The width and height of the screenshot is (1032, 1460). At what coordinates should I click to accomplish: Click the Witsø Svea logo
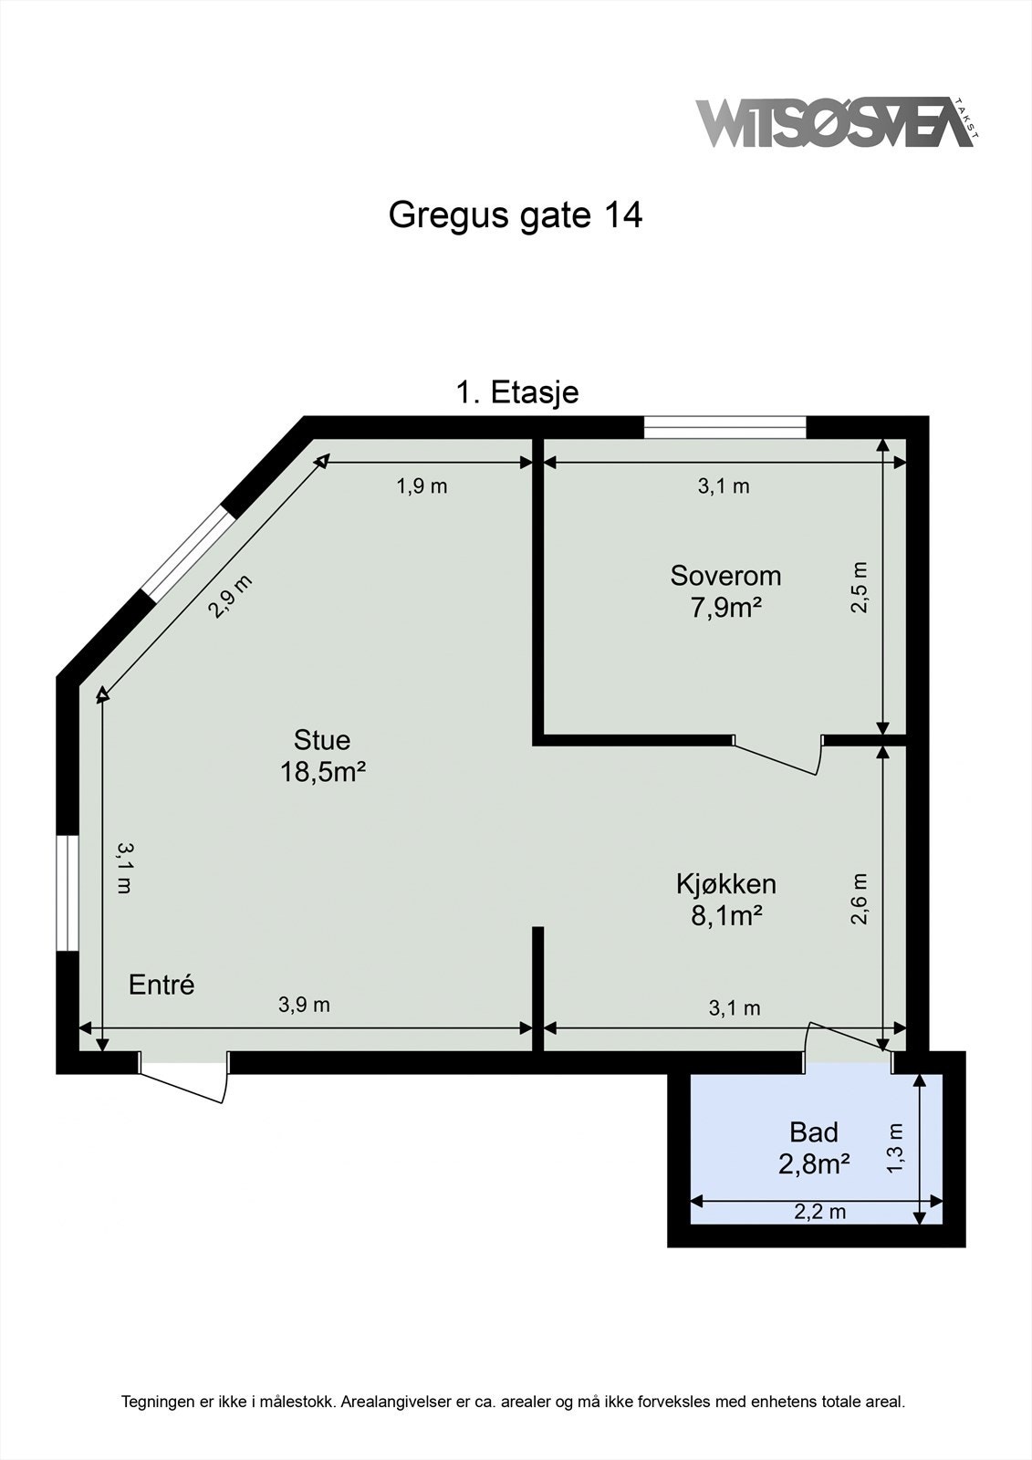pos(835,122)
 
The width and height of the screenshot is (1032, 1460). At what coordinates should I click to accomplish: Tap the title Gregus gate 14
pos(516,215)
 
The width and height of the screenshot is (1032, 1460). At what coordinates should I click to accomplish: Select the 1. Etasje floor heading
pos(516,392)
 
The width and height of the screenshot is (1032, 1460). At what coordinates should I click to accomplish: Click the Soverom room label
pos(725,576)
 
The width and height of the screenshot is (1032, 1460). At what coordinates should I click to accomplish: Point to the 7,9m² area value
pos(725,607)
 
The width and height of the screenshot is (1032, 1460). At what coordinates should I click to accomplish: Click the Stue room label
pos(322,739)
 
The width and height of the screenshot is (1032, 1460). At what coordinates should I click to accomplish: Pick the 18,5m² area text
pos(322,772)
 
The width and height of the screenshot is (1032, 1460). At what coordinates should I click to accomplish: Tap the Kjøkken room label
pos(725,883)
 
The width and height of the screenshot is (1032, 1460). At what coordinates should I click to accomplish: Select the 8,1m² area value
pos(725,915)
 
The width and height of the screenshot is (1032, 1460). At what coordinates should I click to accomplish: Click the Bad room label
pos(813,1132)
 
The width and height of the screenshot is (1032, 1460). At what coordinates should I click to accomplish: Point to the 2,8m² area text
pos(813,1163)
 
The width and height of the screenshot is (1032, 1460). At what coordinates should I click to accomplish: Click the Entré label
pos(162,985)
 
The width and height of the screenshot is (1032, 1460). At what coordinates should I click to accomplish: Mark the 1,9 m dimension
pos(422,485)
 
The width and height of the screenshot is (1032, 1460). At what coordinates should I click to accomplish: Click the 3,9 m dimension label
pos(304,1005)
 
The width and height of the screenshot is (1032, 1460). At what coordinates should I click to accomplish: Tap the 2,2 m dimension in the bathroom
pos(818,1212)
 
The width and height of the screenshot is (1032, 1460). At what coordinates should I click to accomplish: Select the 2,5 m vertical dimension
pos(860,587)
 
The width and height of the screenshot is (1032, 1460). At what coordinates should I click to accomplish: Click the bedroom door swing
pos(777,756)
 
